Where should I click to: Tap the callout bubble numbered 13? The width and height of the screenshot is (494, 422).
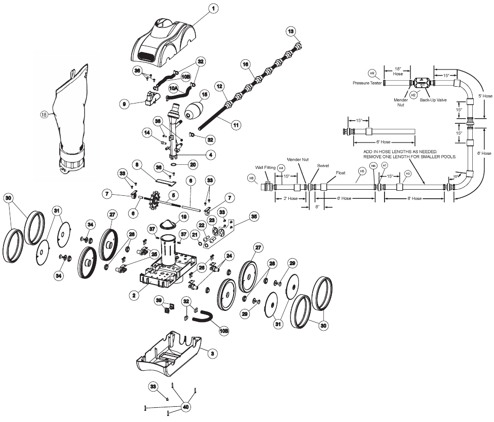coord(290,31)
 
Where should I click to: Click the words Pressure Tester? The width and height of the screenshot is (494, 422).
coord(367,83)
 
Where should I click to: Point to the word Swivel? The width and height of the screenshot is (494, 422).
coord(323,165)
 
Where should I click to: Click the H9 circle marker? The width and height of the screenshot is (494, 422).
coord(372,73)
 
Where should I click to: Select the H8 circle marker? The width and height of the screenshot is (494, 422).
coord(251,178)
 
